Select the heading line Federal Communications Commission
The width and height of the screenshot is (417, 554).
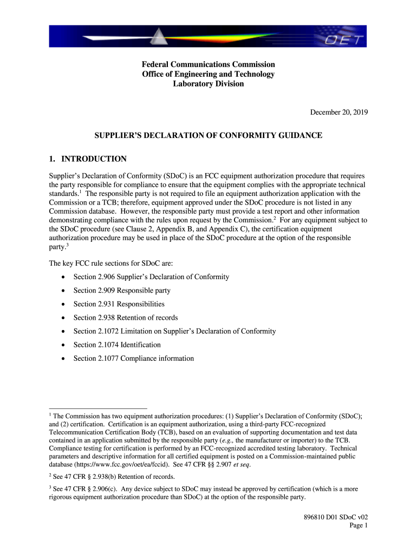(x=208, y=64)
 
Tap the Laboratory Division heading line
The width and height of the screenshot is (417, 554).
(x=208, y=84)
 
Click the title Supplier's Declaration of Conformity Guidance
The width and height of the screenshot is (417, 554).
(x=208, y=135)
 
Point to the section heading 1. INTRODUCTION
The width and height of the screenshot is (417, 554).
(x=87, y=159)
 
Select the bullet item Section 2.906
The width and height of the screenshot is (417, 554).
(x=151, y=277)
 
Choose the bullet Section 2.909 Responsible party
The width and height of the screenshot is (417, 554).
(x=122, y=291)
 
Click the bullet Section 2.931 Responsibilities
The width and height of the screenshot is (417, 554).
(x=119, y=304)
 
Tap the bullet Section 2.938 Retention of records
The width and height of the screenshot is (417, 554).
(x=125, y=318)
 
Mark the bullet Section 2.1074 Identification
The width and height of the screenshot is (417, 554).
(x=117, y=345)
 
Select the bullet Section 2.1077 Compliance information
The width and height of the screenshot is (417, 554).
(x=133, y=358)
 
